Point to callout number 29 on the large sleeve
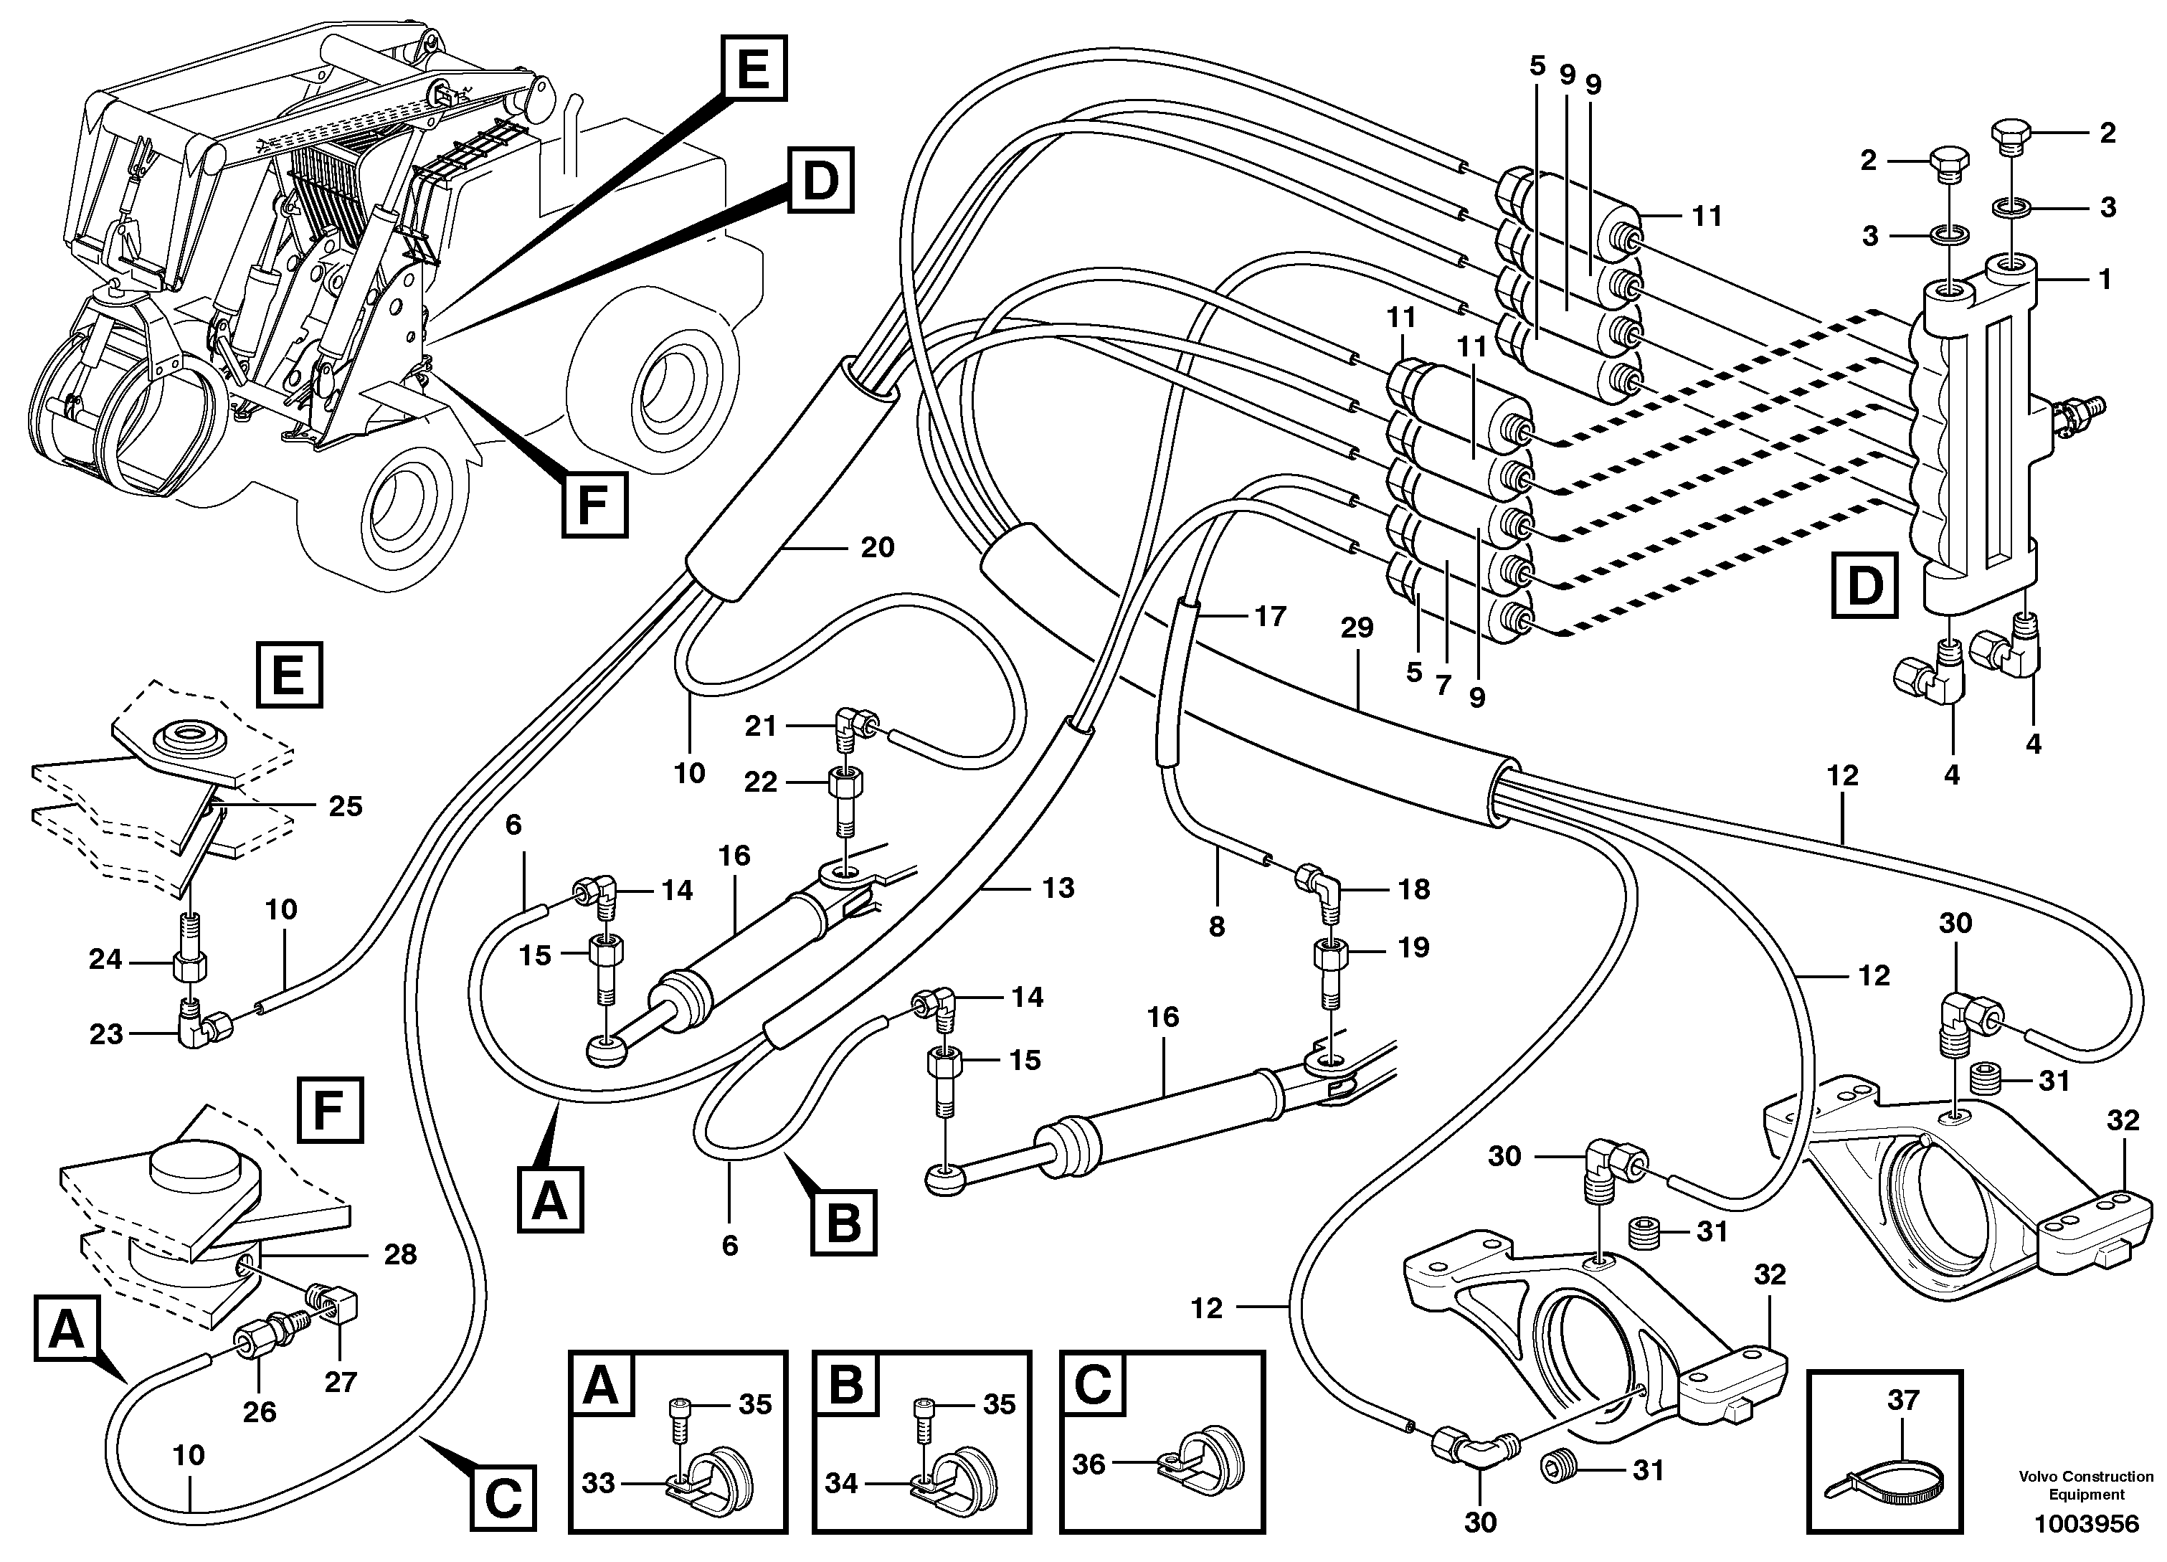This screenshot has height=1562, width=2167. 1356,628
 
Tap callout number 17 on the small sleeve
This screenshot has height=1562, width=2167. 1270,616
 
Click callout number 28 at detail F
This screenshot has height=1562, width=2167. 399,1254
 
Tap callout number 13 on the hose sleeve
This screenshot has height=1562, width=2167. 1058,888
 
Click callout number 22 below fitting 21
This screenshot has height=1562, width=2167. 761,782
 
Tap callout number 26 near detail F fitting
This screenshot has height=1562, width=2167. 259,1411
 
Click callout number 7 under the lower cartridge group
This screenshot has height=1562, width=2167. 1443,684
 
